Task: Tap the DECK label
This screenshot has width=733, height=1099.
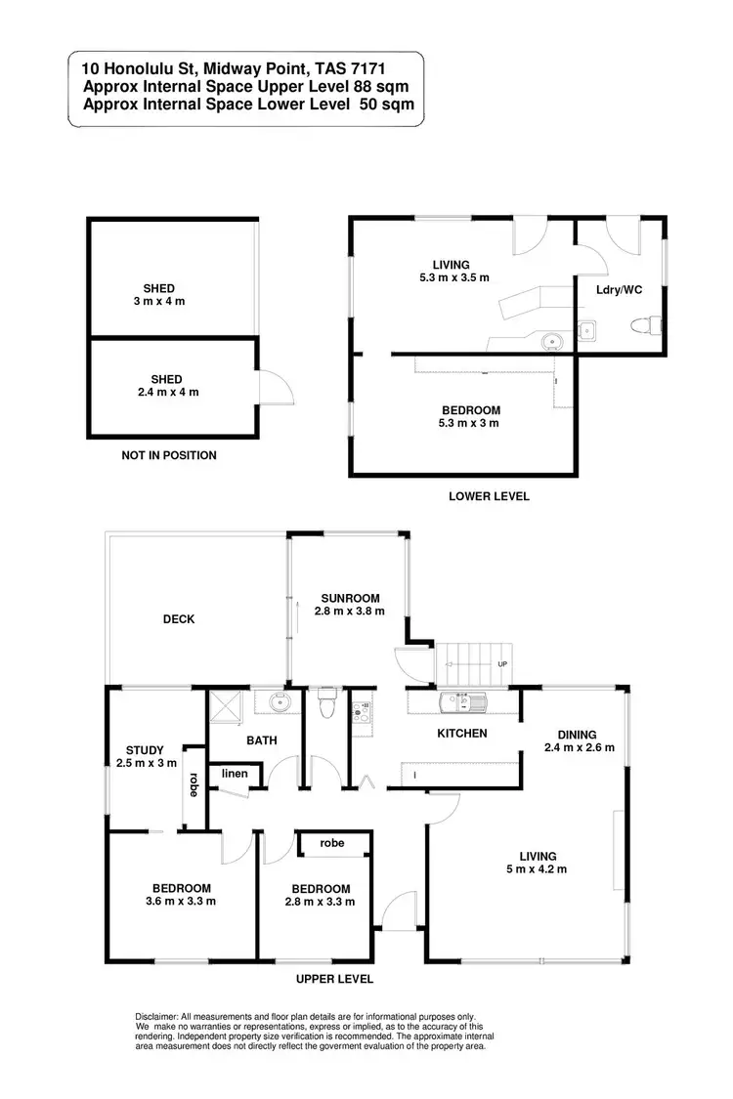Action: (x=179, y=618)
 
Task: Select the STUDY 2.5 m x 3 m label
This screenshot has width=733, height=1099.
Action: (x=145, y=756)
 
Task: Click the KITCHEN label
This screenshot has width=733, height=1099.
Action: (x=461, y=733)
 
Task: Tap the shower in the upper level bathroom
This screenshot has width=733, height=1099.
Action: (x=223, y=709)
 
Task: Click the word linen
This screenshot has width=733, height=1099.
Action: (x=235, y=774)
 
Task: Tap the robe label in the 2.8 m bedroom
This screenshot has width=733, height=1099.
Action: (x=332, y=842)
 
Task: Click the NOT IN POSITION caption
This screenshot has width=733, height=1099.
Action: (x=169, y=455)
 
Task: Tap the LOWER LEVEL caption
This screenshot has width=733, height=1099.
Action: (x=489, y=496)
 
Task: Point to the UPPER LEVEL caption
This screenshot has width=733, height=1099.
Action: (x=335, y=979)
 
